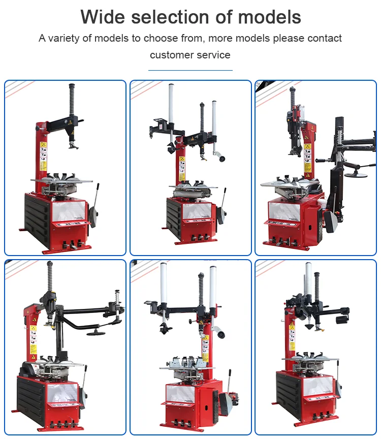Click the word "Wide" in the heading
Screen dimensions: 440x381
pos(102,17)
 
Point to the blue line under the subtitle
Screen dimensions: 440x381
pos(190,70)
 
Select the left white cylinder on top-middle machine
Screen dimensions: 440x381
pos(171,104)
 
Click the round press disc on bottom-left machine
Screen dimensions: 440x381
pos(96,333)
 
